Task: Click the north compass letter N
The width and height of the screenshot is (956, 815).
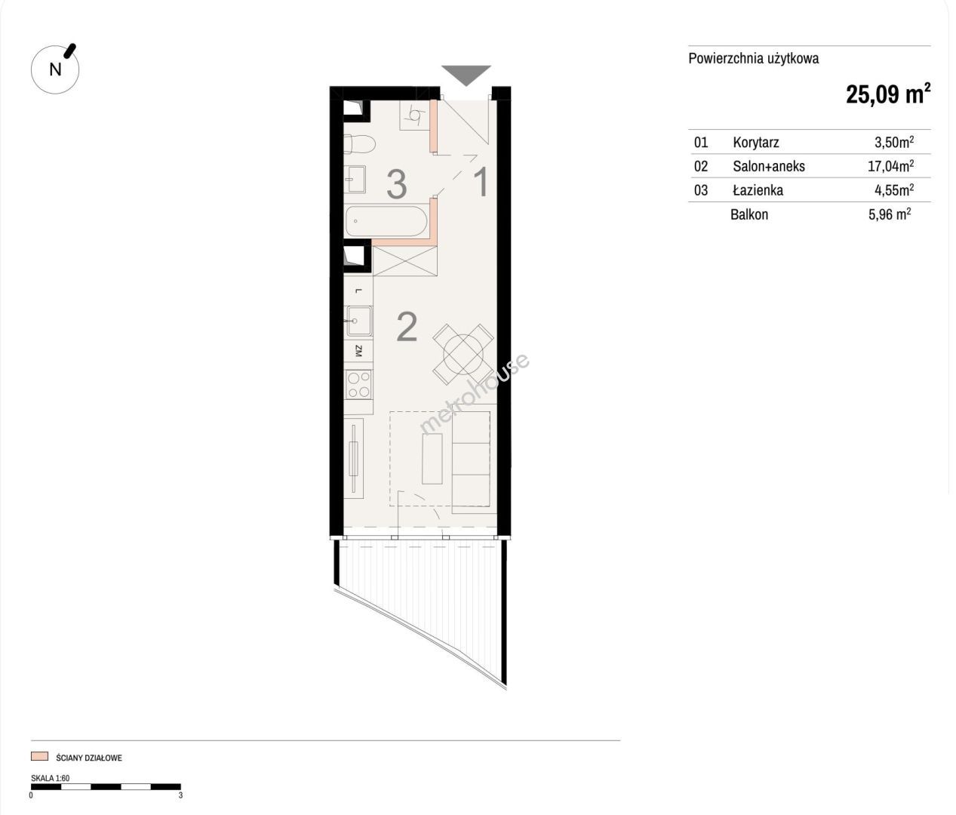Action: coord(55,69)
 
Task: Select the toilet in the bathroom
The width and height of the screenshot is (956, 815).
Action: coord(359,144)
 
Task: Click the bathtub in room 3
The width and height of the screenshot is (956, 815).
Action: coord(386,222)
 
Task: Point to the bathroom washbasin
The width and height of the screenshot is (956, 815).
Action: coord(355,180)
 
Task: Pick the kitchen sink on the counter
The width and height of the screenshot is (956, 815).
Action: coord(359,321)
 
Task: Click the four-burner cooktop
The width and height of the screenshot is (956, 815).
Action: coord(359,384)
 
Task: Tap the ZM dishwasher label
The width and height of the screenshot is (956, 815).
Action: coord(358,351)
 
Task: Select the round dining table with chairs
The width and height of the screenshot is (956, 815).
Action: coord(463,355)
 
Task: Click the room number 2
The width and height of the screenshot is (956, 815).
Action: coord(407,328)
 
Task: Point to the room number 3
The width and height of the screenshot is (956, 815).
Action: coord(397,184)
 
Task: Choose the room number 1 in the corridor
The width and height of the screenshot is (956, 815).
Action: coord(481,182)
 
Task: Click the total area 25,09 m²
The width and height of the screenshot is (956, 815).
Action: coord(888,94)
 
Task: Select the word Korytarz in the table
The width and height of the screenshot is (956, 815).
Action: coord(756,142)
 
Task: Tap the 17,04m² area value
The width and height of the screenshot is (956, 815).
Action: coord(891,165)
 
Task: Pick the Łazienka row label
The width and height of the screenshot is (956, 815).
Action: coord(758,189)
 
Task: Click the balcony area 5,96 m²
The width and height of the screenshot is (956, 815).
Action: coord(890,214)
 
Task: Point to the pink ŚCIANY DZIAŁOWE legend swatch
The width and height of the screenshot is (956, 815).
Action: coord(39,757)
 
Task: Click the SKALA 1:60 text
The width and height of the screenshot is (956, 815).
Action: coord(50,779)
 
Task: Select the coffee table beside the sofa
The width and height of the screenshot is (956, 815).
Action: coord(432,458)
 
